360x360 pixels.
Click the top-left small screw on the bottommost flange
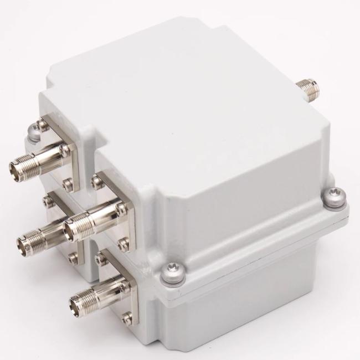(102, 256)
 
